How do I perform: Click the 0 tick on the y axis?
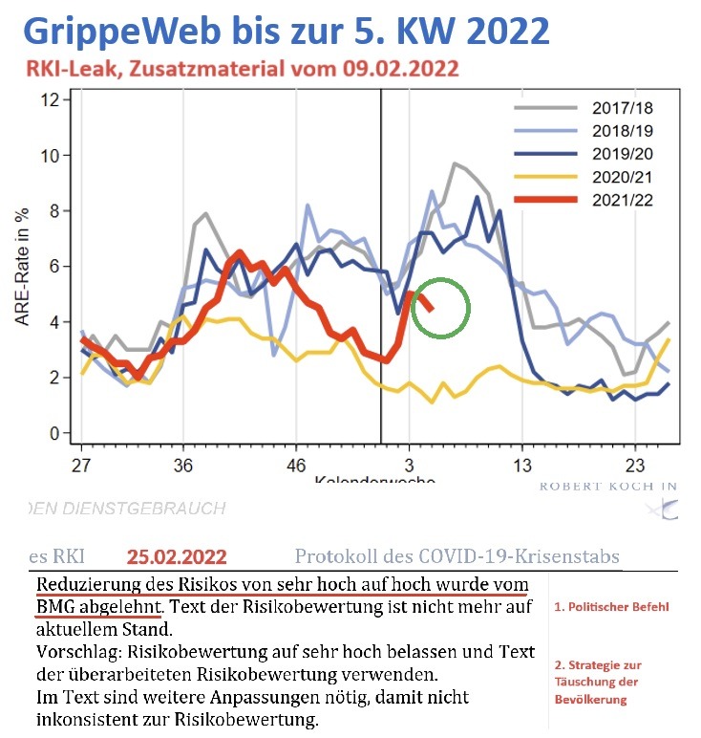click(55, 433)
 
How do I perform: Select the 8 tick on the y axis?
click(55, 210)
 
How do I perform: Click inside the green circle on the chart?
click(441, 308)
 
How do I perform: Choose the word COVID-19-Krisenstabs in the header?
click(530, 556)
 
